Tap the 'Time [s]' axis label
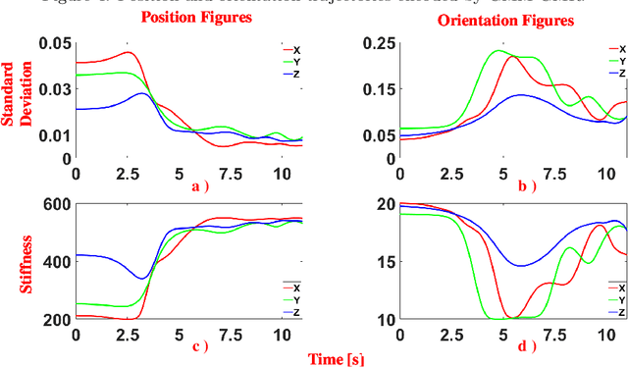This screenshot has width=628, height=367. pyautogui.click(x=338, y=359)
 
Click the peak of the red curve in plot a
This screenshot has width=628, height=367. pyautogui.click(x=128, y=53)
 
